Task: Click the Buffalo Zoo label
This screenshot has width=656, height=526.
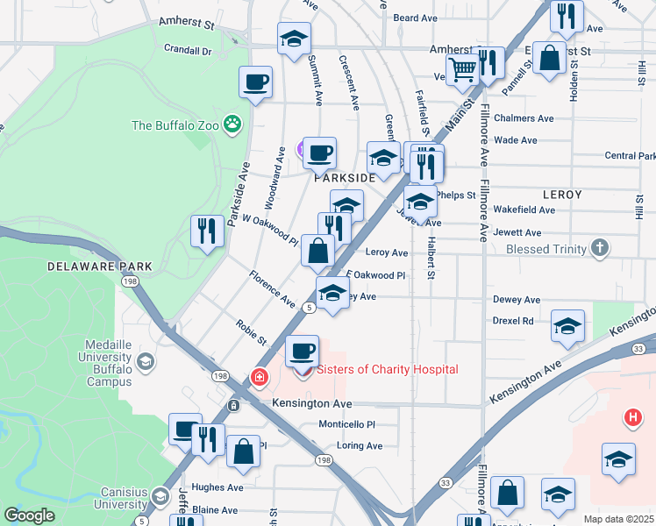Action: tap(175, 125)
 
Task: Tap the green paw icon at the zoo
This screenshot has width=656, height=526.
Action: tap(232, 124)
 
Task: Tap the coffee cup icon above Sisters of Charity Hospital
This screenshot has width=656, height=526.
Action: tap(302, 351)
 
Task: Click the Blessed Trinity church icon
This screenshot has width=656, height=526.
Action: tap(599, 248)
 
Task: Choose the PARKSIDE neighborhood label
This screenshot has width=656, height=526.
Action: tap(345, 177)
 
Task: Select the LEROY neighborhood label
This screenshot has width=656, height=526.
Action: tap(563, 194)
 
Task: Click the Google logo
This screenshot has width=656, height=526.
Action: tap(30, 515)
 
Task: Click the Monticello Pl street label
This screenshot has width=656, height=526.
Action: tap(346, 423)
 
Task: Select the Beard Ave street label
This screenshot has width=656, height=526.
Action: tap(415, 18)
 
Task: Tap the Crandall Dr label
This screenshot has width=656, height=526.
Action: tap(183, 51)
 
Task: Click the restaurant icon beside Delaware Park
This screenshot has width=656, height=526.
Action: tap(207, 231)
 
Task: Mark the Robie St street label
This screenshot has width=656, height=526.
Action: tap(251, 331)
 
